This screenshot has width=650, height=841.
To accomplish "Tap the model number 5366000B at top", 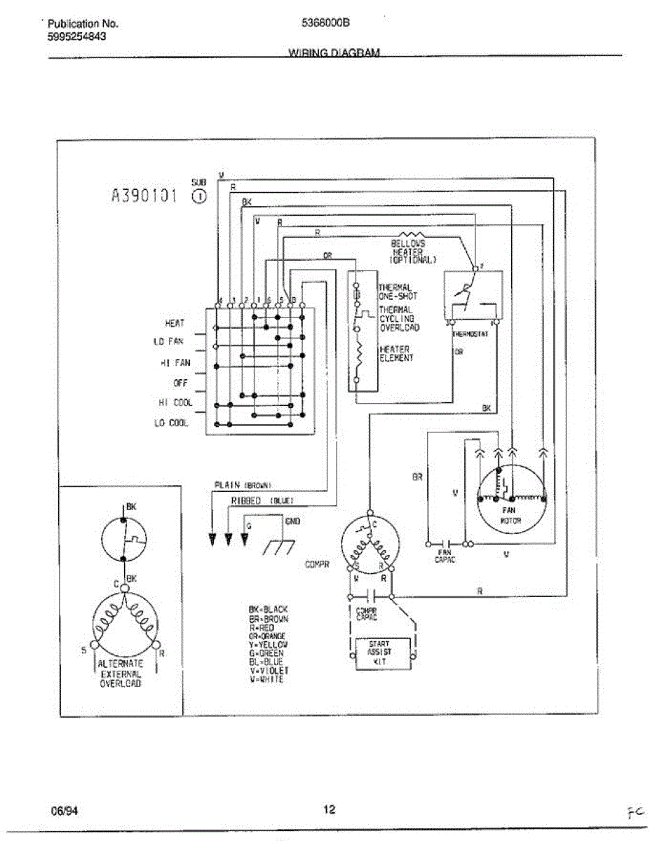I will (x=325, y=22).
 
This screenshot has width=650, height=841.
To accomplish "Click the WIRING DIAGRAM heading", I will (x=334, y=53).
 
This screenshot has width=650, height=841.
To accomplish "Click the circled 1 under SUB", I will (x=198, y=196).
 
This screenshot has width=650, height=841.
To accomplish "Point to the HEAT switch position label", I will (x=175, y=323).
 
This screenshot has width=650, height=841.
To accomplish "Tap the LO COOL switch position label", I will (x=172, y=423).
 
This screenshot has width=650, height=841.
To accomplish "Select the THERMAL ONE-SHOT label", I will (x=397, y=292).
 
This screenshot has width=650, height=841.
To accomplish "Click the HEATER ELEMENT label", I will (x=396, y=353).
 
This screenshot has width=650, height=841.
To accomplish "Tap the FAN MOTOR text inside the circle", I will (x=510, y=515).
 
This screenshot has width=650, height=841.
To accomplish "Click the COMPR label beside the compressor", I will (x=318, y=563).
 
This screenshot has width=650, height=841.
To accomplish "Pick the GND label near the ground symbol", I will (x=293, y=521).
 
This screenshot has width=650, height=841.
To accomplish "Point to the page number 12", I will (x=329, y=810).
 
